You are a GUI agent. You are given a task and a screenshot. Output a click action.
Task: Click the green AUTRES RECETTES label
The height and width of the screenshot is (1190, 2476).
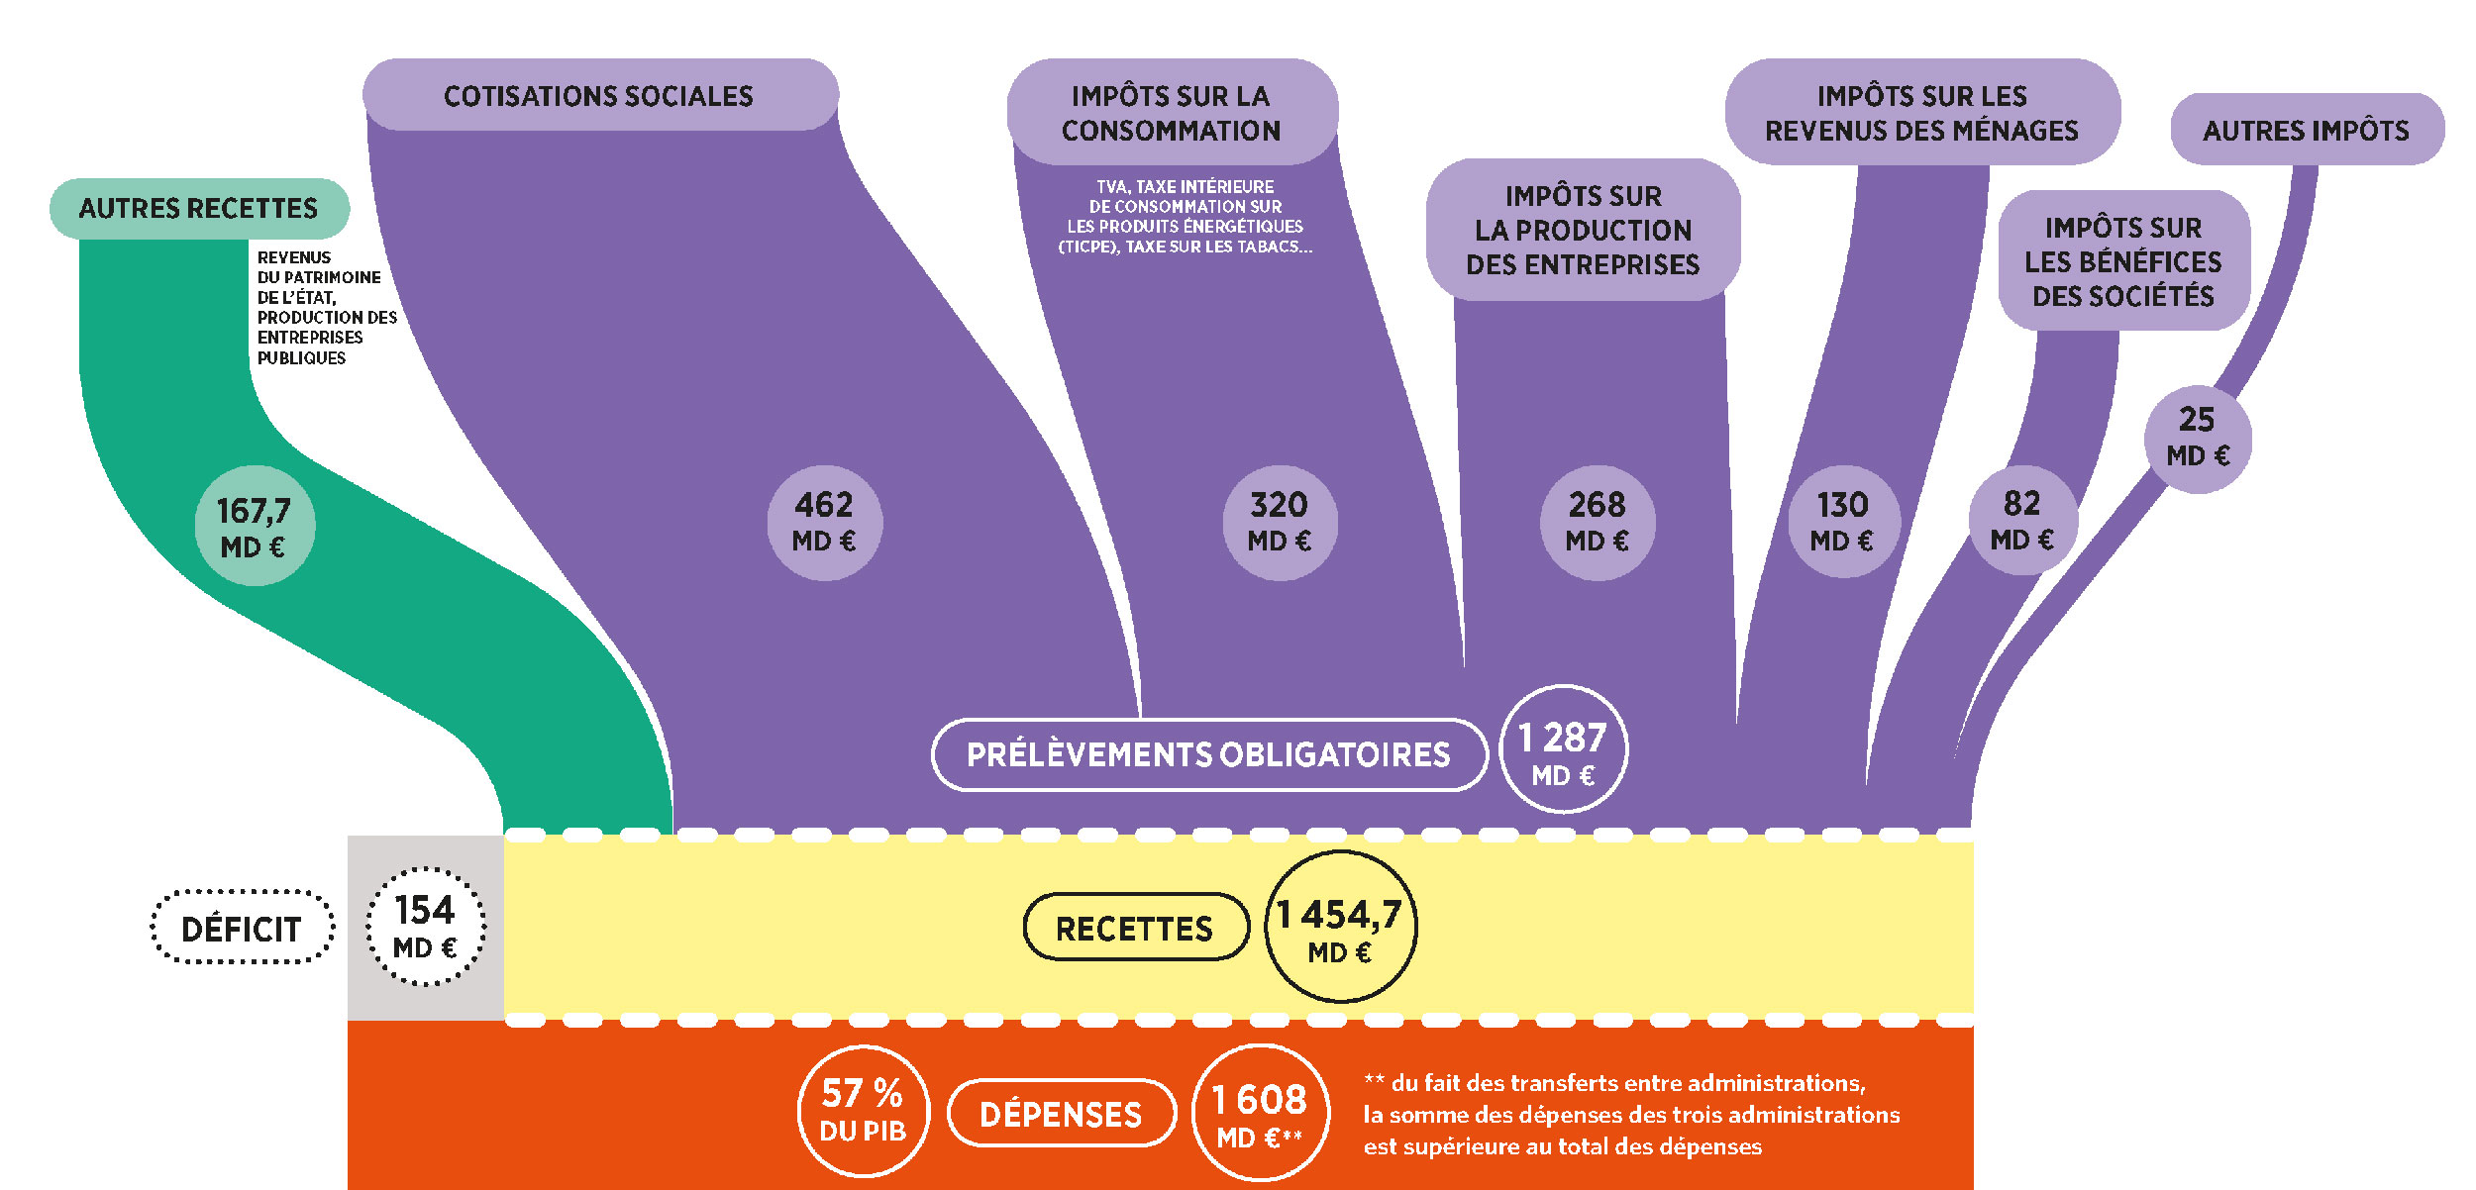point(199,208)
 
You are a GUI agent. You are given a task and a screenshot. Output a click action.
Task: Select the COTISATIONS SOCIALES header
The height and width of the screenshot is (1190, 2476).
point(600,95)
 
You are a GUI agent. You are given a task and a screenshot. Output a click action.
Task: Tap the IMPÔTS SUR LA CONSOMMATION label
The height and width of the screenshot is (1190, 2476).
point(1172,112)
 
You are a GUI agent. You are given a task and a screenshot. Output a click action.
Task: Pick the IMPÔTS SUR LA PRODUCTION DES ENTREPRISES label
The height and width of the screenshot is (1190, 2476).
point(1583,230)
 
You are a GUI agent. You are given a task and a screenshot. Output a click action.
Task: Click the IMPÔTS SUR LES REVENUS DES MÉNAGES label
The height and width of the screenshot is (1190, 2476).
point(1922,112)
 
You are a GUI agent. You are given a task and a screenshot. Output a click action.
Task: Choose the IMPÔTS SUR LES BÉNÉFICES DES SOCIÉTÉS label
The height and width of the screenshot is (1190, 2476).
point(2123,260)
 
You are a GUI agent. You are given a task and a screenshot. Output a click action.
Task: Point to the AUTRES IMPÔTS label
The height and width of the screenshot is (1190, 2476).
point(2307,130)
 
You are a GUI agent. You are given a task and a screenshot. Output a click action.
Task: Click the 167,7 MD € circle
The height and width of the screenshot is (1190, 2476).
point(255,526)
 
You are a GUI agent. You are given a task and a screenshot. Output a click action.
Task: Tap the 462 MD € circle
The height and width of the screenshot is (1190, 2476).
point(824,523)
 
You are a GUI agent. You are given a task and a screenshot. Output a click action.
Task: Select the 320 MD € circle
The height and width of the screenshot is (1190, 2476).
point(1280,523)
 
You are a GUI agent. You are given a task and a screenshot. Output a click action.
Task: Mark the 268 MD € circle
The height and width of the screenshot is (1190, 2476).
point(1598,523)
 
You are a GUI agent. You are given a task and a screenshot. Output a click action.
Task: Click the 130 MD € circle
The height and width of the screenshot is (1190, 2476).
point(1842,523)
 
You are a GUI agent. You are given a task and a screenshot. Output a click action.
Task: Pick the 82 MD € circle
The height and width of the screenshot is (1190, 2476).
point(2022,521)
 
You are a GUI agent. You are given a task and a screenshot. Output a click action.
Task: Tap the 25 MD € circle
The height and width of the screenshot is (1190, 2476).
point(2198,439)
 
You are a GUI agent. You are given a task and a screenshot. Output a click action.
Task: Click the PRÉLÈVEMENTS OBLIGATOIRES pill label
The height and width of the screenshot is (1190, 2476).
point(1209,754)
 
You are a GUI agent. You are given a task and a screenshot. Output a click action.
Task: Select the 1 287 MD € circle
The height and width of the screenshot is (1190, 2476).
point(1564,749)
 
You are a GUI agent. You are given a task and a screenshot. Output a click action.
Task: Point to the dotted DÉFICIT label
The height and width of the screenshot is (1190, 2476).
point(242,928)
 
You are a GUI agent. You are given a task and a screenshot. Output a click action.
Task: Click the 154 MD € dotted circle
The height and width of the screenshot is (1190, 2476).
point(426,927)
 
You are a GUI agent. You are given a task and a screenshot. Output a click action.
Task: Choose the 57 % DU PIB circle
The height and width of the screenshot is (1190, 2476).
point(864,1111)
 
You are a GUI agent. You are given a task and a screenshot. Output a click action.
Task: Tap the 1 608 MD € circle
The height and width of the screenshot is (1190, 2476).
point(1260,1113)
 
